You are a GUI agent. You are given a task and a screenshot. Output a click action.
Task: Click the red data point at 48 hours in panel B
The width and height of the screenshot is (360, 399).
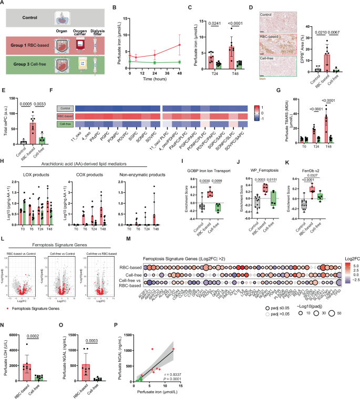(x=180, y=45)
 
